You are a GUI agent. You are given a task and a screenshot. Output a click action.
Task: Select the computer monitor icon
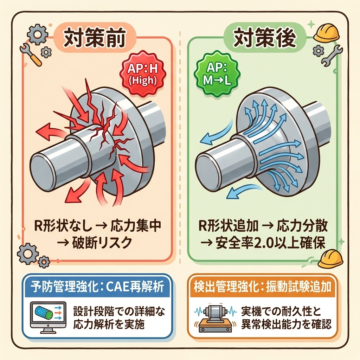(x=44, y=315)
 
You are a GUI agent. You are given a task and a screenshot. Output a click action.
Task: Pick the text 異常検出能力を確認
(x=286, y=324)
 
